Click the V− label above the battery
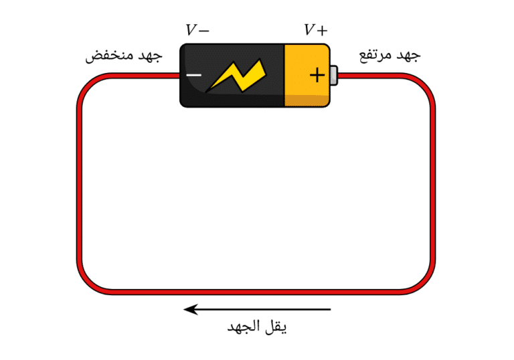197,30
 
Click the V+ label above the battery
316,30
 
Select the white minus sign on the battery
193,75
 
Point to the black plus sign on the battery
317,76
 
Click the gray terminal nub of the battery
334,76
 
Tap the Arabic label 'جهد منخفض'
124,56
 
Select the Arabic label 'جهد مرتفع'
390,55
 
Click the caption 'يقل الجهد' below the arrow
257,327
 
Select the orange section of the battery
307,76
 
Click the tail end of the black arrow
331,309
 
